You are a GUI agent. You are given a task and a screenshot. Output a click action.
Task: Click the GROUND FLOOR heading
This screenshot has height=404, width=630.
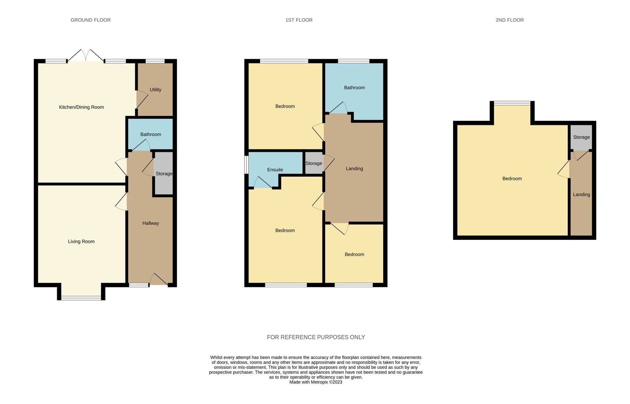pyautogui.click(x=91, y=20)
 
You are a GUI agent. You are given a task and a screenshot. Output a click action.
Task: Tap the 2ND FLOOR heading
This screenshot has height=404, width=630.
pyautogui.click(x=510, y=20)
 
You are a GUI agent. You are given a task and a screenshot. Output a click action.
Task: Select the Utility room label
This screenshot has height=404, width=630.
pyautogui.click(x=155, y=90)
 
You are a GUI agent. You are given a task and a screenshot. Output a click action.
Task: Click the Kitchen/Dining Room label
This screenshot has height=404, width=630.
pyautogui.click(x=81, y=107)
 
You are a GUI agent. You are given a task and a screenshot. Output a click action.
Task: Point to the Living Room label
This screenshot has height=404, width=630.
pyautogui.click(x=81, y=242)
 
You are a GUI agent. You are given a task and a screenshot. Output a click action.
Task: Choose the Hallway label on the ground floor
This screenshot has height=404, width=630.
pyautogui.click(x=150, y=223)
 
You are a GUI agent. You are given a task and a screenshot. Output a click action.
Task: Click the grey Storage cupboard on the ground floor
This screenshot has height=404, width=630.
pyautogui.click(x=164, y=173)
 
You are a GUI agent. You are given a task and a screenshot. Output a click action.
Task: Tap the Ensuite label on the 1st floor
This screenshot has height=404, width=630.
pyautogui.click(x=275, y=170)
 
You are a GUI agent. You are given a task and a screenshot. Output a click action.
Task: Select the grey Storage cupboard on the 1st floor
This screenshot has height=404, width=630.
pyautogui.click(x=314, y=163)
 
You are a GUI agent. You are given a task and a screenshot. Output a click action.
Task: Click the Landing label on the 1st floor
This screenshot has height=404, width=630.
pyautogui.click(x=354, y=169)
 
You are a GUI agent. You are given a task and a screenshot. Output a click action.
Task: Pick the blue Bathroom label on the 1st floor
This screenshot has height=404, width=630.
pyautogui.click(x=354, y=88)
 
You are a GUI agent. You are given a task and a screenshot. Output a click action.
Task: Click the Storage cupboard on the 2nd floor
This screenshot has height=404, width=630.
pyautogui.click(x=581, y=137)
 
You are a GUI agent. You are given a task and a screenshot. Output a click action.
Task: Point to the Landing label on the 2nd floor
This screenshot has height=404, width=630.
pyautogui.click(x=581, y=195)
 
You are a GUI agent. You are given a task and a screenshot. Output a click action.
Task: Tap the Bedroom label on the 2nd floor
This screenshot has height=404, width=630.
pyautogui.click(x=512, y=179)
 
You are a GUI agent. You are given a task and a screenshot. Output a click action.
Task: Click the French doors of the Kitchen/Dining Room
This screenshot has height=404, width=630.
pyautogui.click(x=86, y=55)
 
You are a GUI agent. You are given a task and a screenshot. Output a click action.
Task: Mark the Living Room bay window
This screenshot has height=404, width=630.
pyautogui.click(x=81, y=298)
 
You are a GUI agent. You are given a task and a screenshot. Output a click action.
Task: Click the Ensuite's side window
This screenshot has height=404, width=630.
pyautogui.click(x=246, y=165)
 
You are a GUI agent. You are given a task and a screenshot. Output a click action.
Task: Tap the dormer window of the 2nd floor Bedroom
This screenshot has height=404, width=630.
pyautogui.click(x=512, y=103)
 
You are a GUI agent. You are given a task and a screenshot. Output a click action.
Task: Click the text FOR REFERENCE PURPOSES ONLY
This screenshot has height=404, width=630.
pyautogui.click(x=316, y=337)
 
